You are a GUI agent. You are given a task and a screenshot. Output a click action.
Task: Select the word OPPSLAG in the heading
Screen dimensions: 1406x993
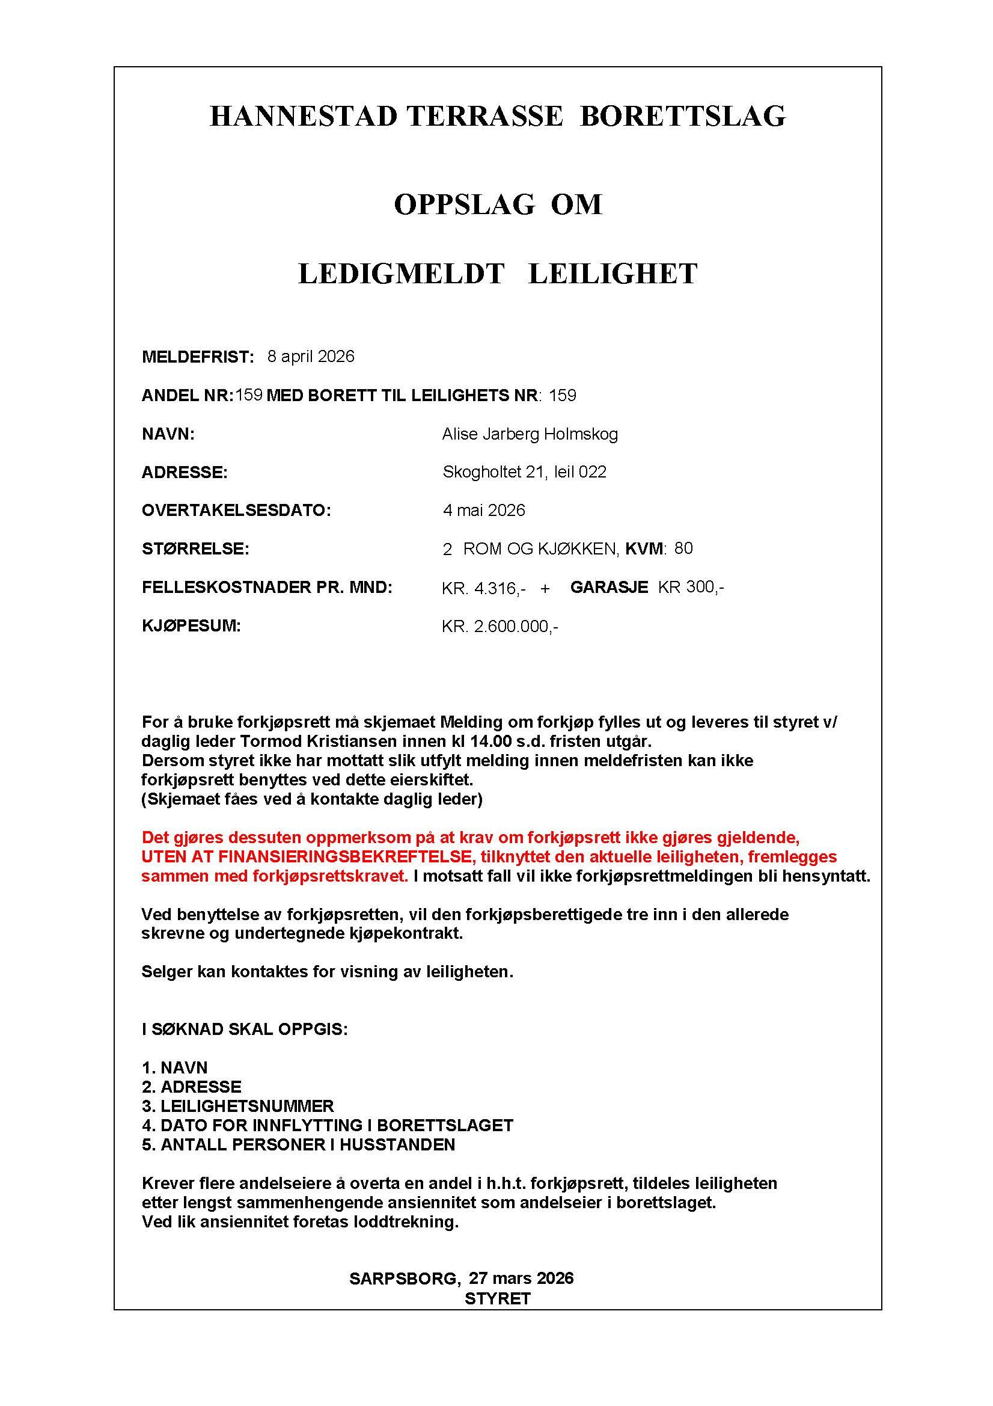(x=464, y=204)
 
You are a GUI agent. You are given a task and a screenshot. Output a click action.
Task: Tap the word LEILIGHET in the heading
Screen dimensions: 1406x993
(x=613, y=274)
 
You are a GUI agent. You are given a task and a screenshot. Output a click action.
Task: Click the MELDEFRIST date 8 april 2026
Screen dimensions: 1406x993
(x=311, y=357)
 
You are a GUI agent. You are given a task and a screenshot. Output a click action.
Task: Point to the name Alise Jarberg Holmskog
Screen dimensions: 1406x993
(x=530, y=434)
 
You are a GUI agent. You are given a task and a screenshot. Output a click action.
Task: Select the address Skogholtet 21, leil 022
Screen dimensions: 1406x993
(x=524, y=472)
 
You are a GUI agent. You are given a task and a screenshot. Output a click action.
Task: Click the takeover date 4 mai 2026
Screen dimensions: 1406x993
(x=484, y=510)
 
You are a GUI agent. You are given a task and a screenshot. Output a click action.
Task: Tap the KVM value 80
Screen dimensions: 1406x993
(x=683, y=548)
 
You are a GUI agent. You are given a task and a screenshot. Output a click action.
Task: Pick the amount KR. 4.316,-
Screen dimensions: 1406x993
(x=484, y=589)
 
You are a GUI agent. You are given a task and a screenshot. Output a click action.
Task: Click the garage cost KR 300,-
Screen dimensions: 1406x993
(x=691, y=588)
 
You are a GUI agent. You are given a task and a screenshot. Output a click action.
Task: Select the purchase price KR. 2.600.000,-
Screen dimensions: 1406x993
(x=500, y=627)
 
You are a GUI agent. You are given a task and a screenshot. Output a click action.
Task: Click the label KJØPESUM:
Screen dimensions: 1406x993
(x=191, y=626)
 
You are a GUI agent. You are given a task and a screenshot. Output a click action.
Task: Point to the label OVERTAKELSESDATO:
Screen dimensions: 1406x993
(x=236, y=510)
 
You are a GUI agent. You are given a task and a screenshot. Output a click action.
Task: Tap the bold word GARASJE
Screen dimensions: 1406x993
(x=609, y=588)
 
